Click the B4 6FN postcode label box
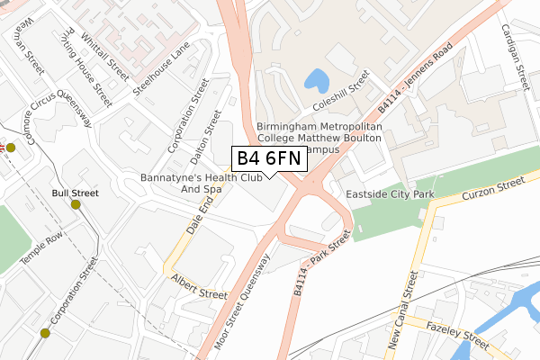269,159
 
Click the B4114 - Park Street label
320,261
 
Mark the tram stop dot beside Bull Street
76,204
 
